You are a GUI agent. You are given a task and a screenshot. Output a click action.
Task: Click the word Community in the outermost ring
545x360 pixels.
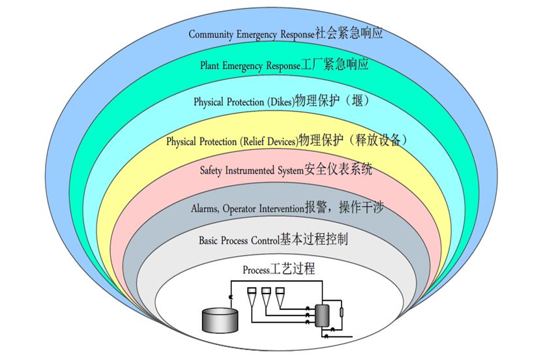[x=211, y=35]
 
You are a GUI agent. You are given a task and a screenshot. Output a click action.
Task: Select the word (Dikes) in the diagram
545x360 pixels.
[x=281, y=102]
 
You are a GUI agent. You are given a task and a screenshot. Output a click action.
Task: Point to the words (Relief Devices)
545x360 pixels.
[x=269, y=142]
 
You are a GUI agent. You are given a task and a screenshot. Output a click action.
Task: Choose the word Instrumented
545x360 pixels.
[x=250, y=170]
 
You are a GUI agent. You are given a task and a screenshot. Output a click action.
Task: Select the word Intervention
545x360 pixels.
[x=282, y=208]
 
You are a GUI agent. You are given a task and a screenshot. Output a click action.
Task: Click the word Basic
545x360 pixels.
[x=208, y=241]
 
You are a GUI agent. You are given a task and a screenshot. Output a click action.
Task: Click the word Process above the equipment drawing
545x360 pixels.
[x=256, y=270]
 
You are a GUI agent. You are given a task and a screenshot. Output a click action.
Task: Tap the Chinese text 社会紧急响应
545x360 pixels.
[x=349, y=33]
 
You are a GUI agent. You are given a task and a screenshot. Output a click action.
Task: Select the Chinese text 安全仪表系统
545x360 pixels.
[x=338, y=170]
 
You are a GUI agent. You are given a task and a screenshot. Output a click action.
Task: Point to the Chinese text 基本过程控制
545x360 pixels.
[x=314, y=239]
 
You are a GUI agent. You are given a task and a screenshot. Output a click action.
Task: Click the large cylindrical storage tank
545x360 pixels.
[x=220, y=320]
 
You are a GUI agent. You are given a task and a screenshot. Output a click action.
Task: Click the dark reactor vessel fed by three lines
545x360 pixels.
[x=322, y=315]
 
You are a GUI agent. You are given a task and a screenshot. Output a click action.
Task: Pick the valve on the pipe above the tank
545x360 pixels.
[x=230, y=297]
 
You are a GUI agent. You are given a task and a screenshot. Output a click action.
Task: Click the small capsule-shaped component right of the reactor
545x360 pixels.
[x=342, y=312]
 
